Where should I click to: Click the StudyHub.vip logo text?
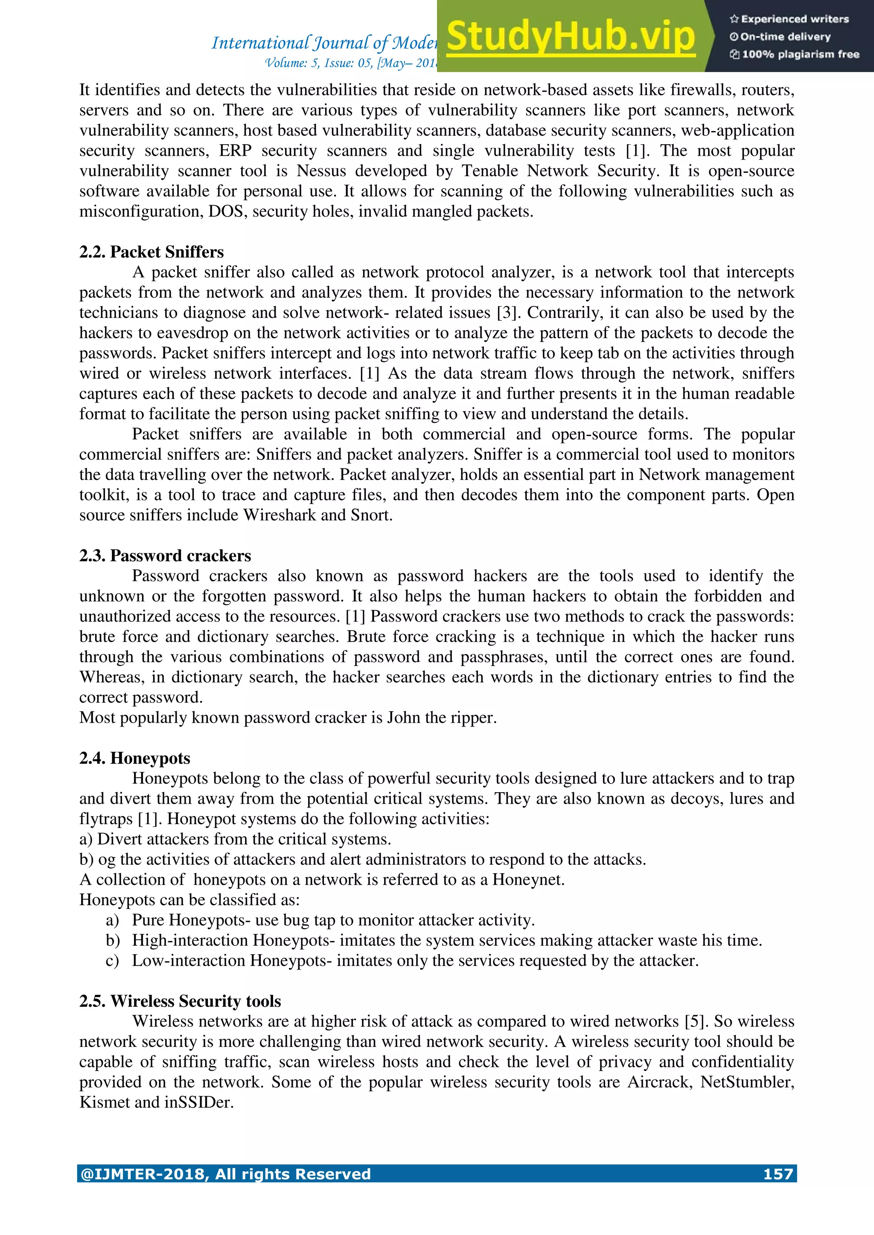[571, 37]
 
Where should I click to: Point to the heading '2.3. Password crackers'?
[165, 555]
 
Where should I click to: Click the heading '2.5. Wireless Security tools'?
[180, 1001]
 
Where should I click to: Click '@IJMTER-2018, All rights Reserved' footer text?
[225, 1174]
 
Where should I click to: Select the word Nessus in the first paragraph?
[321, 171]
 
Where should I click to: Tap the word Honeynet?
[527, 880]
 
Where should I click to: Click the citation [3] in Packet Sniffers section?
[507, 313]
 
